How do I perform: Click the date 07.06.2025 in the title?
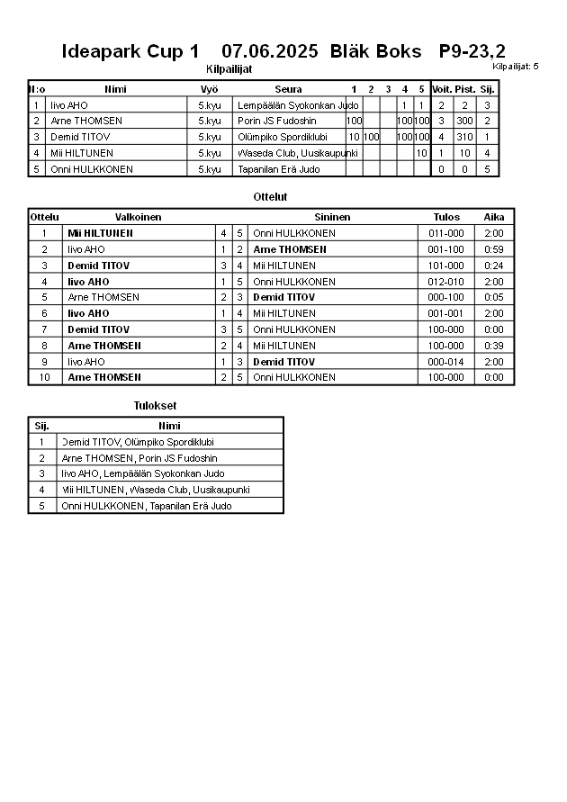(269, 52)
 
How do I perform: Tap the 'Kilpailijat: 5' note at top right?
(516, 67)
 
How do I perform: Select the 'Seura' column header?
(288, 89)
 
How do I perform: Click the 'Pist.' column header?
(464, 89)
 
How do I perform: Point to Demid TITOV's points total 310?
(464, 137)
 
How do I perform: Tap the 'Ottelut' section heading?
(271, 196)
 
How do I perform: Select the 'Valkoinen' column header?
(139, 217)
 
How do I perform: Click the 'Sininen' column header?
(332, 217)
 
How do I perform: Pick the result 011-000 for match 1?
(446, 233)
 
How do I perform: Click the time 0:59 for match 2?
(494, 249)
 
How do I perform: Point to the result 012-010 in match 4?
(446, 282)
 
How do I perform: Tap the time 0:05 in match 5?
(494, 297)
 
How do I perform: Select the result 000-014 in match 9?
(446, 362)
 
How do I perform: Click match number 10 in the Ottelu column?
(44, 377)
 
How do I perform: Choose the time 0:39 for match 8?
(494, 346)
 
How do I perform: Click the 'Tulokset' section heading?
(155, 406)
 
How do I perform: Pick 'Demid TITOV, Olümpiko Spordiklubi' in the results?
(138, 442)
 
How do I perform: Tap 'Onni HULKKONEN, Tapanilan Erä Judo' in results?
(146, 506)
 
